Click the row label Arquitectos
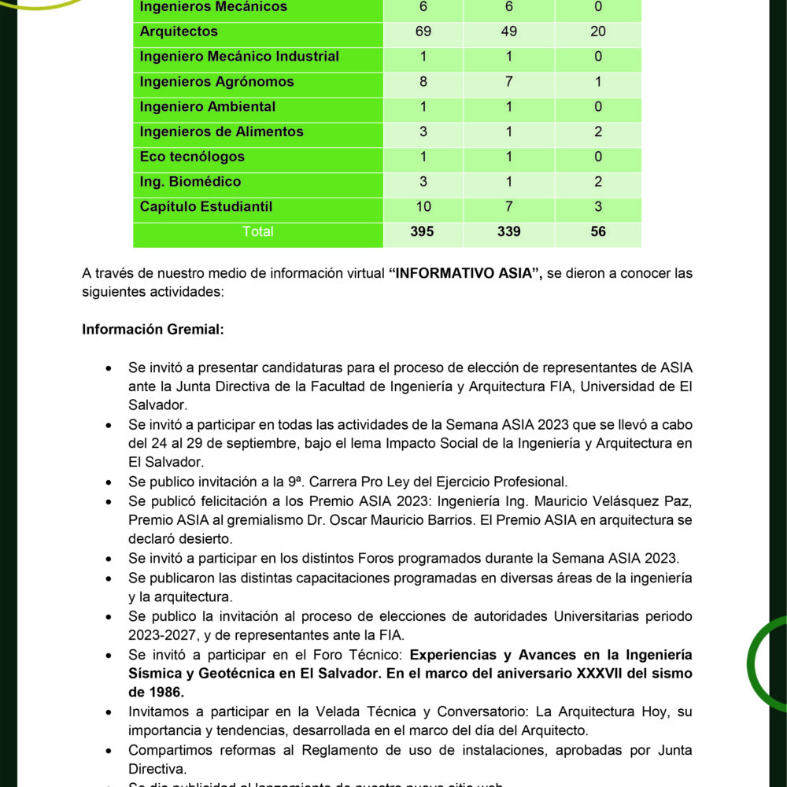[x=179, y=31]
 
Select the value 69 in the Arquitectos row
[x=422, y=31]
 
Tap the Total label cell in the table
[x=258, y=232]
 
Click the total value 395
[x=422, y=232]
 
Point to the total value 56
[x=598, y=232]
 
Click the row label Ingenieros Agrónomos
[x=216, y=82]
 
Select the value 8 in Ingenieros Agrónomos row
[x=422, y=82]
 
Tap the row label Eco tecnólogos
[x=192, y=157]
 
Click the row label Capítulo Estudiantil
[x=205, y=207]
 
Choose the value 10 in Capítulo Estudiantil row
[x=422, y=207]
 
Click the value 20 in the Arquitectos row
[x=598, y=31]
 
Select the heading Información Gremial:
[x=153, y=329]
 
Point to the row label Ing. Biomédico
[x=190, y=182]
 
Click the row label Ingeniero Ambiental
[x=208, y=107]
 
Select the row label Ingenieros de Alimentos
[x=221, y=131]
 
